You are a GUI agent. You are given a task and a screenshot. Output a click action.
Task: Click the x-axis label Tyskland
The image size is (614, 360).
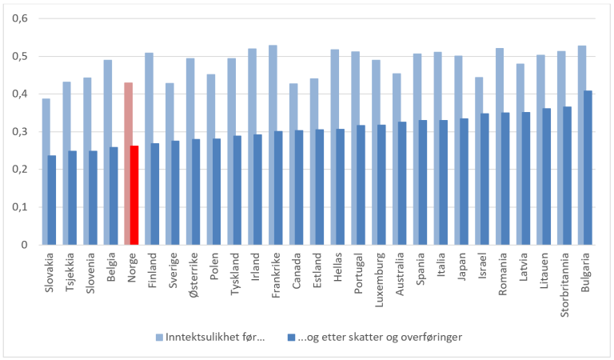[x=235, y=276]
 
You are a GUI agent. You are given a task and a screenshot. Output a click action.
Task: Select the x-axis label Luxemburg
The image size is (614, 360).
[x=379, y=279]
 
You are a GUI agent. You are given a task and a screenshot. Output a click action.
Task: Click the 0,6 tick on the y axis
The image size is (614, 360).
[x=18, y=18]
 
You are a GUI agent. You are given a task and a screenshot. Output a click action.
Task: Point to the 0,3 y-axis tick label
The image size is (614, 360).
[x=18, y=132]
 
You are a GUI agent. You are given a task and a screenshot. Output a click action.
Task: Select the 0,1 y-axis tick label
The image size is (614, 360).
[x=18, y=207]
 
